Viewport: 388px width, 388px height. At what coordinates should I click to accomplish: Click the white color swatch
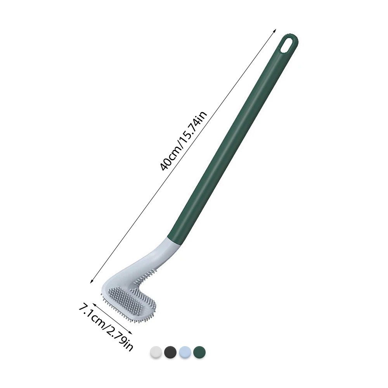coord(156,352)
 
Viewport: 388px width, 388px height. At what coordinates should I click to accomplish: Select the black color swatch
coord(170,352)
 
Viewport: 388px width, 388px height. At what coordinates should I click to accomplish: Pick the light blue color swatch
coord(185,352)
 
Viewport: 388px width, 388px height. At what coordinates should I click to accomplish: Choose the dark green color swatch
coord(199,352)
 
